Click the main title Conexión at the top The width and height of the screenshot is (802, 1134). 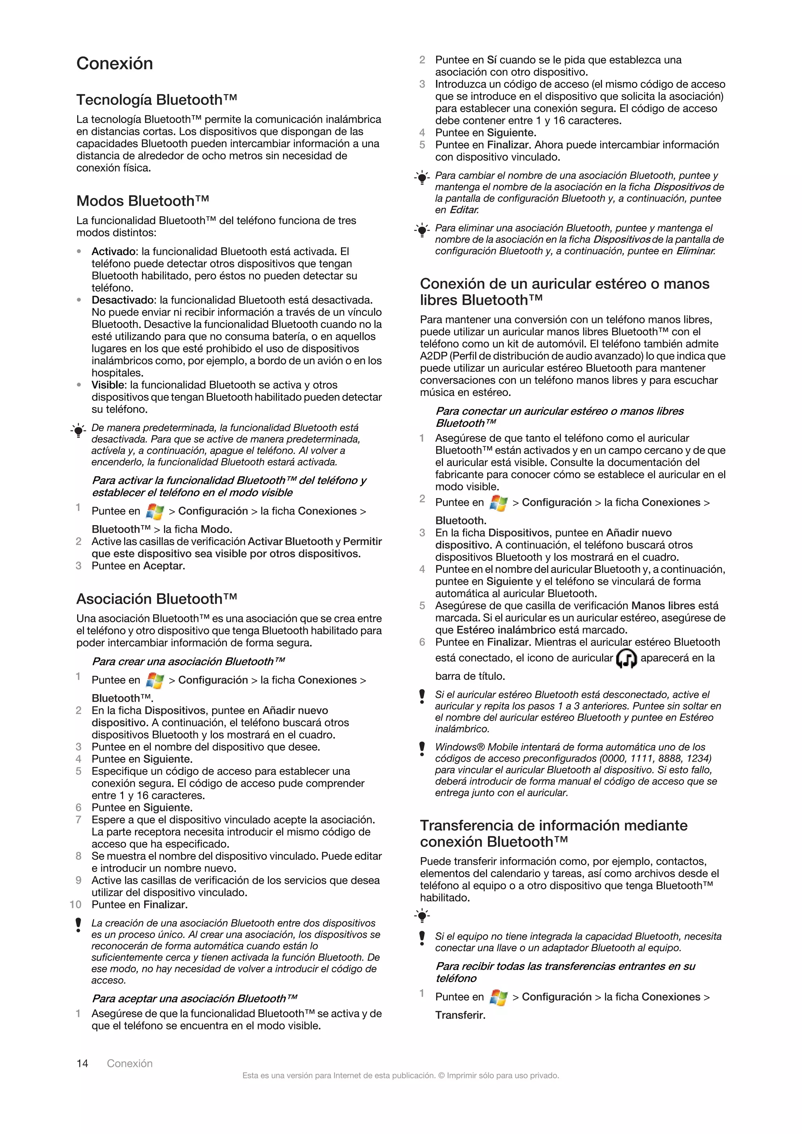[115, 64]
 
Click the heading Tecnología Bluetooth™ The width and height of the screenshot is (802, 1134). [157, 100]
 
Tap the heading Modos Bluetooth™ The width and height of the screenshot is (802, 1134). [143, 201]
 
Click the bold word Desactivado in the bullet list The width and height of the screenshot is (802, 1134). [123, 300]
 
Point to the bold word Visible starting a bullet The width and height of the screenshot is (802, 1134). [108, 385]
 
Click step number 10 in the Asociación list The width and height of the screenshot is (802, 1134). [76, 905]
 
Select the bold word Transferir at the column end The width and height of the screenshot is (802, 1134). [460, 1015]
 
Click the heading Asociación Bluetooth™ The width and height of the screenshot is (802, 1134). [157, 599]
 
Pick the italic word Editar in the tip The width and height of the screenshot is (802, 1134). [464, 210]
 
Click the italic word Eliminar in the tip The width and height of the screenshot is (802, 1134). [695, 251]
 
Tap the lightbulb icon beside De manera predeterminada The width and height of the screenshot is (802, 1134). [78, 431]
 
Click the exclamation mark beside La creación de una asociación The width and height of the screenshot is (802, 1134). [78, 925]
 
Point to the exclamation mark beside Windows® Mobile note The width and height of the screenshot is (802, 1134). [422, 749]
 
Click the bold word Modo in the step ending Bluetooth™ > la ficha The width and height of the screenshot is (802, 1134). [216, 529]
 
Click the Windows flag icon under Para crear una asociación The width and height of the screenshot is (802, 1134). [155, 681]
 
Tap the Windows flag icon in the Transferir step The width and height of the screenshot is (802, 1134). [498, 998]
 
